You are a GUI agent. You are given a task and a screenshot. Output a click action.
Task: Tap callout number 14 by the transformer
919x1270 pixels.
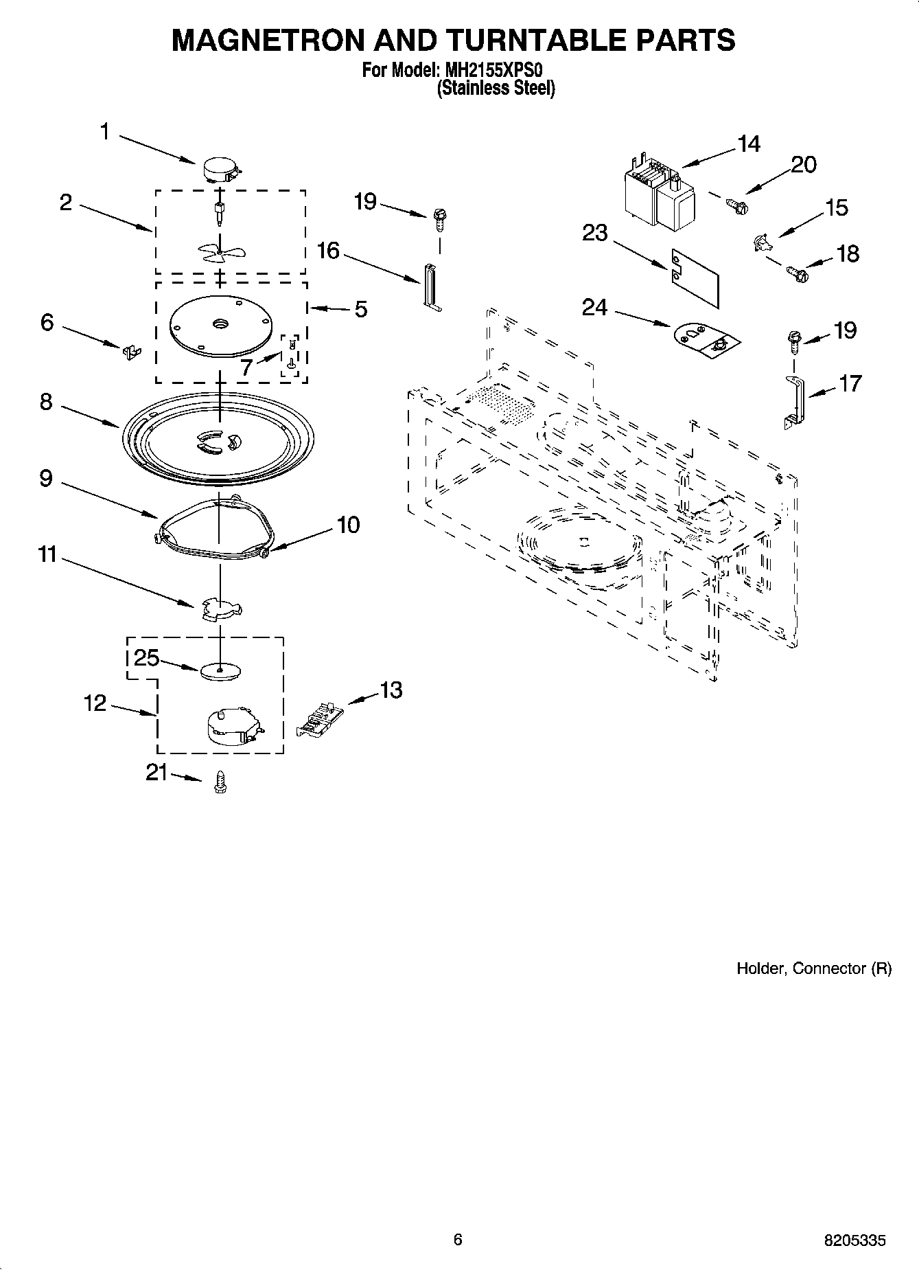tap(749, 144)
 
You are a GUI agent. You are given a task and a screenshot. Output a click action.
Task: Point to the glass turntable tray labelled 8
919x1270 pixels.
tap(218, 444)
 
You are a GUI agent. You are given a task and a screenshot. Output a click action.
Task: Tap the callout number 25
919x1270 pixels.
tap(146, 659)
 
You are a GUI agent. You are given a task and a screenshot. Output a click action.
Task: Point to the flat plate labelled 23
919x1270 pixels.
tap(695, 276)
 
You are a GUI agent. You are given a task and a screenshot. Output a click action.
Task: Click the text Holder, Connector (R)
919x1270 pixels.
tap(814, 968)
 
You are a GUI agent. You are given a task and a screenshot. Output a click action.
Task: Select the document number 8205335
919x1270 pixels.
tap(854, 1240)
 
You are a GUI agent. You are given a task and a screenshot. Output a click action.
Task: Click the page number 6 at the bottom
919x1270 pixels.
tap(458, 1239)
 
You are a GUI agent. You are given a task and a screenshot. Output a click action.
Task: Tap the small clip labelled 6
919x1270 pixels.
tap(130, 351)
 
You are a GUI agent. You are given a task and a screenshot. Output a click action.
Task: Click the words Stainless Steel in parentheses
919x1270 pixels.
tap(496, 89)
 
